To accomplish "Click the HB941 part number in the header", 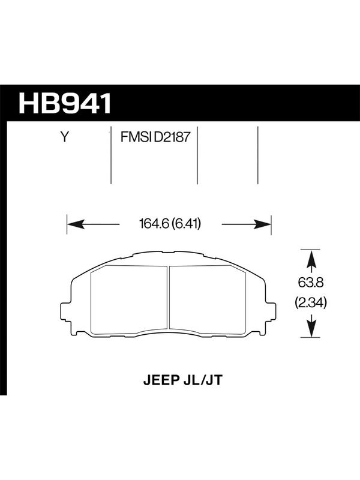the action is pyautogui.click(x=65, y=103).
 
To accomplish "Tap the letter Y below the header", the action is pyautogui.click(x=64, y=137).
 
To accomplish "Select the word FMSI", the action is pyautogui.click(x=136, y=137).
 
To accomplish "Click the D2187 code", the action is pyautogui.click(x=172, y=137).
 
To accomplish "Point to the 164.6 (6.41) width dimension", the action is pyautogui.click(x=170, y=224).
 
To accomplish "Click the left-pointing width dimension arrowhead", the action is pyautogui.click(x=76, y=224).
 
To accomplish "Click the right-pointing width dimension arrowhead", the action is pyautogui.click(x=262, y=224).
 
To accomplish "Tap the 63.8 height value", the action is pyautogui.click(x=311, y=283).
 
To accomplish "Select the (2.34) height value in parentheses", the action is pyautogui.click(x=311, y=303).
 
